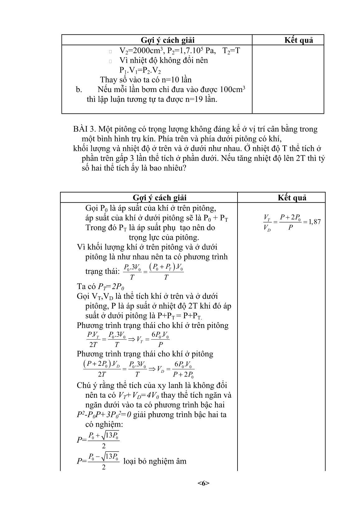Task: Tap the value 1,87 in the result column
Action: click(x=313, y=222)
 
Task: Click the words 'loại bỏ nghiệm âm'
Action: click(x=155, y=461)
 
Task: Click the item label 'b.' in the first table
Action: click(x=79, y=90)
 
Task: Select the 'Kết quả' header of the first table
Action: click(x=299, y=40)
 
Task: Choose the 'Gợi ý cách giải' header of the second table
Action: click(x=159, y=198)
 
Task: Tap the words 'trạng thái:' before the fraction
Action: click(x=102, y=271)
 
